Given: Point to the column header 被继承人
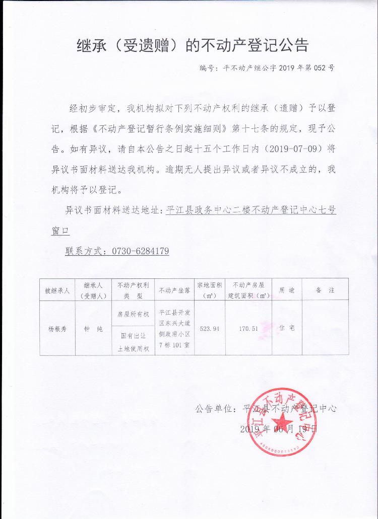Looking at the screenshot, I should pos(56,290).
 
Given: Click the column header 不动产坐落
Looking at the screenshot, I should pos(173,290).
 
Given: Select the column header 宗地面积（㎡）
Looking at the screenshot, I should pos(210,290).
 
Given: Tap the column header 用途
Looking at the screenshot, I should pos(287,290).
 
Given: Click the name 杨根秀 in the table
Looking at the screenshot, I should pos(56,328).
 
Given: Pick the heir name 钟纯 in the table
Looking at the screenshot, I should pos(93,328).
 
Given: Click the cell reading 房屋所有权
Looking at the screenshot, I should pos(133,314).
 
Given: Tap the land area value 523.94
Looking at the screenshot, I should pos(210,328).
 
